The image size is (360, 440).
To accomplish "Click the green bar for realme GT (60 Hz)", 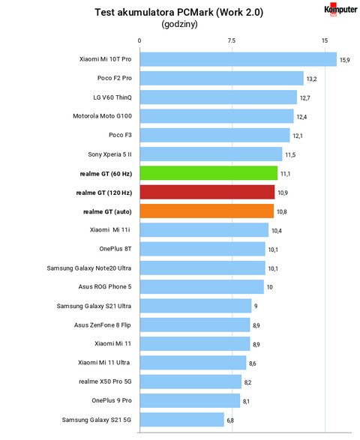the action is tap(208, 173).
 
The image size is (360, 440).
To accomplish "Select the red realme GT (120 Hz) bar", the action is tap(207, 192).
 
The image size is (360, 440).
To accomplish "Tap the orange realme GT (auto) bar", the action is tap(207, 211).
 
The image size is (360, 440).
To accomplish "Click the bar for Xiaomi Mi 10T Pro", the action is tap(238, 59).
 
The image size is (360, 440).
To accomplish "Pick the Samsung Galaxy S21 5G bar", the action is tap(182, 420).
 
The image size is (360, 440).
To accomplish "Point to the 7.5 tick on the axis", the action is tap(232, 40).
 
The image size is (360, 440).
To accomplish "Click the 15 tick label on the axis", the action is tap(325, 40).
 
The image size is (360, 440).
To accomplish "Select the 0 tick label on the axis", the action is tap(139, 40).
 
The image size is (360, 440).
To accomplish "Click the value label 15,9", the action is tap(344, 60).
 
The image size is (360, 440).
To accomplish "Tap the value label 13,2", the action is tap(311, 79).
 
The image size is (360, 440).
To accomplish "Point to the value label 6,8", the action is tap(230, 421).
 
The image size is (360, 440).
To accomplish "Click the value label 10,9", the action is tap(283, 193).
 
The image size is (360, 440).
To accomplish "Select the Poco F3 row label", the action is tap(120, 135).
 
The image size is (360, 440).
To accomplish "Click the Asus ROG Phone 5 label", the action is tap(105, 286).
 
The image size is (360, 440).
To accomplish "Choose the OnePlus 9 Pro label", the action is tap(112, 400).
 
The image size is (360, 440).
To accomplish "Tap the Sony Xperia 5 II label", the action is tap(109, 154).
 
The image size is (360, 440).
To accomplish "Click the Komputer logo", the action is tap(340, 10).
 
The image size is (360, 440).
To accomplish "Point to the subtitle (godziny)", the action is tap(179, 25).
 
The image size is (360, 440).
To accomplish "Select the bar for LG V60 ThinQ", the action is tap(218, 97).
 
